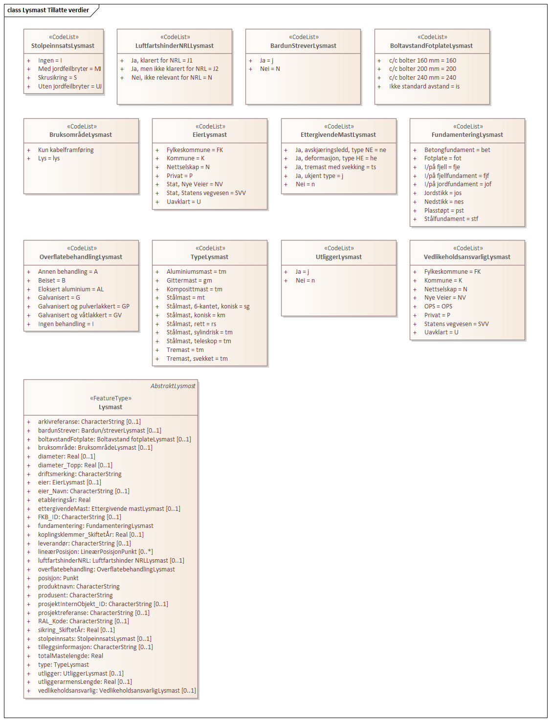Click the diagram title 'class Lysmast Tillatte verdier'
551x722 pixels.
(x=48, y=10)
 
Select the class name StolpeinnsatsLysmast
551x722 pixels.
(x=63, y=46)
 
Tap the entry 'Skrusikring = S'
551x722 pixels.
(x=57, y=78)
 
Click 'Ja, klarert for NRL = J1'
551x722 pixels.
(x=162, y=61)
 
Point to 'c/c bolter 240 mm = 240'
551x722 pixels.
(x=422, y=78)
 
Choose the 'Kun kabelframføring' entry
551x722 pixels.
(x=66, y=150)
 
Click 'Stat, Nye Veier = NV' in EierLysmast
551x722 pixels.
(x=195, y=184)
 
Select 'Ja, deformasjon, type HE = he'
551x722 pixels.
(x=336, y=158)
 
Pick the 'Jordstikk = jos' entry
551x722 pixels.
(x=442, y=193)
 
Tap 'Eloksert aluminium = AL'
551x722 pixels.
(x=71, y=289)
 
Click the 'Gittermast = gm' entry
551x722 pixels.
(x=189, y=281)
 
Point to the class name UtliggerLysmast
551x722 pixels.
(x=338, y=257)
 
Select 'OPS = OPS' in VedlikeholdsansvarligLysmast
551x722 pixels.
(x=438, y=306)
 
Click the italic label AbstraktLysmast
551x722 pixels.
(x=173, y=386)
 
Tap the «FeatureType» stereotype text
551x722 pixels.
(x=110, y=398)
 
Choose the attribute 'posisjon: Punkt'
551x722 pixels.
(x=58, y=578)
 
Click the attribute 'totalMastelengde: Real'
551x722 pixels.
(x=70, y=656)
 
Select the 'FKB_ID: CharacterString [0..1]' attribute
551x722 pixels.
(x=80, y=517)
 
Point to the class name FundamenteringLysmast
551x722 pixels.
(x=467, y=135)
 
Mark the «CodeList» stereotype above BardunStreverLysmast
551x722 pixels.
(x=304, y=37)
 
